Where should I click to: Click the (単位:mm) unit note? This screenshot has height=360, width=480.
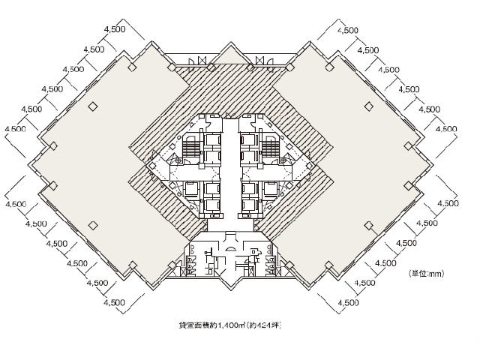click(426, 274)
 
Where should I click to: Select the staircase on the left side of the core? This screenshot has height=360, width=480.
click(190, 147)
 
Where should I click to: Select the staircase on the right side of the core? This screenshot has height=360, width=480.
click(271, 147)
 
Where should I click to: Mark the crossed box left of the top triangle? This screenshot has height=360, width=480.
click(202, 60)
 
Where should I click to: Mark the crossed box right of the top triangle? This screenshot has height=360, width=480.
click(259, 60)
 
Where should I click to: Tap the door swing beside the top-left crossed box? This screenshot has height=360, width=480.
click(191, 61)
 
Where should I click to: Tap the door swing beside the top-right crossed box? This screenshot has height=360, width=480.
click(270, 61)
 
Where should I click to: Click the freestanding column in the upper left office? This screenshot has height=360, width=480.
click(92, 106)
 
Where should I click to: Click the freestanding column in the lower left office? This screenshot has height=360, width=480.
click(92, 226)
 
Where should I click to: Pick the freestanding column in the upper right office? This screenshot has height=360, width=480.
click(369, 106)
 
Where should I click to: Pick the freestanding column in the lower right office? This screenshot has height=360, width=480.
click(369, 226)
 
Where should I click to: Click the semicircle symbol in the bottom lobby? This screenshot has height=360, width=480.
click(230, 249)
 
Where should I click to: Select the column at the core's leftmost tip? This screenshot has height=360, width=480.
click(151, 166)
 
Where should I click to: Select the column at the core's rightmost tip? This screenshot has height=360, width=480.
click(310, 166)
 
